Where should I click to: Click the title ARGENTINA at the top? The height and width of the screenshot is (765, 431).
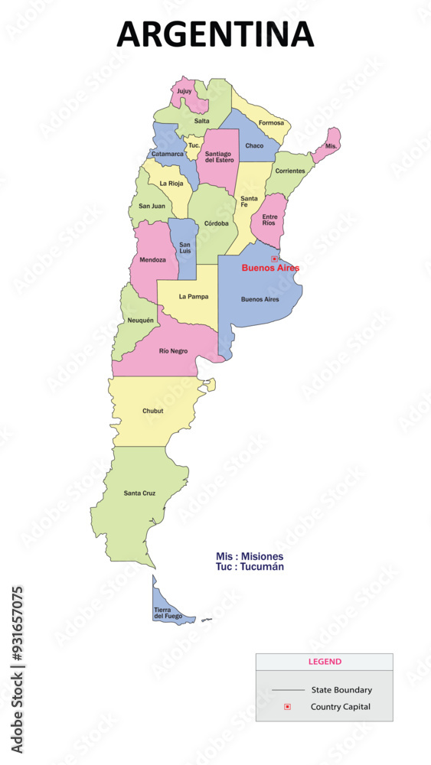pyautogui.click(x=215, y=34)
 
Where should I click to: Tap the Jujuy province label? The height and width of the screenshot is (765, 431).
pyautogui.click(x=184, y=92)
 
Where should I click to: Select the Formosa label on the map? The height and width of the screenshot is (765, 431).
pyautogui.click(x=271, y=123)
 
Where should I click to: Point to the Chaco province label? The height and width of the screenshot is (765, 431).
pyautogui.click(x=254, y=145)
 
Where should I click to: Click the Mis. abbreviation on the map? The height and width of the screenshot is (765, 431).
pyautogui.click(x=331, y=145)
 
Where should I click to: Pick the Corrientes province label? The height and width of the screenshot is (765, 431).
pyautogui.click(x=289, y=171)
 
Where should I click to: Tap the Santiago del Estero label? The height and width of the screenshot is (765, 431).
pyautogui.click(x=219, y=157)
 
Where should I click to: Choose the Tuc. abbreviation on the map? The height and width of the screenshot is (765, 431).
pyautogui.click(x=194, y=145)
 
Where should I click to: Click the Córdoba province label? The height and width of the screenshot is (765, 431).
pyautogui.click(x=216, y=223)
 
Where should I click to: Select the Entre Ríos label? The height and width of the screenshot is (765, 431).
pyautogui.click(x=269, y=219)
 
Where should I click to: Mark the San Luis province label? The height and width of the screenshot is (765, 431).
pyautogui.click(x=184, y=248)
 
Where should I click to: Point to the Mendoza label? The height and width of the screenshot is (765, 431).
pyautogui.click(x=152, y=260)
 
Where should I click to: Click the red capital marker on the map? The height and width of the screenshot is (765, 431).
pyautogui.click(x=274, y=259)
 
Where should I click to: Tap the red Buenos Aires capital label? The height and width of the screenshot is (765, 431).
pyautogui.click(x=270, y=268)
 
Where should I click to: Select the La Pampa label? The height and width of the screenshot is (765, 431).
pyautogui.click(x=194, y=296)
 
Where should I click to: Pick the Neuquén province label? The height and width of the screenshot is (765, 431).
pyautogui.click(x=140, y=320)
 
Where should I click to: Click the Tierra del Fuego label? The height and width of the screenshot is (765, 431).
pyautogui.click(x=168, y=612)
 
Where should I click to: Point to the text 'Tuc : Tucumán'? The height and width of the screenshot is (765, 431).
pyautogui.click(x=250, y=567)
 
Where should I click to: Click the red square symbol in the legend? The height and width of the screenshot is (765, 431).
pyautogui.click(x=287, y=707)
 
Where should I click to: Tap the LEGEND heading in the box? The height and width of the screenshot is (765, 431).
pyautogui.click(x=325, y=662)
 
